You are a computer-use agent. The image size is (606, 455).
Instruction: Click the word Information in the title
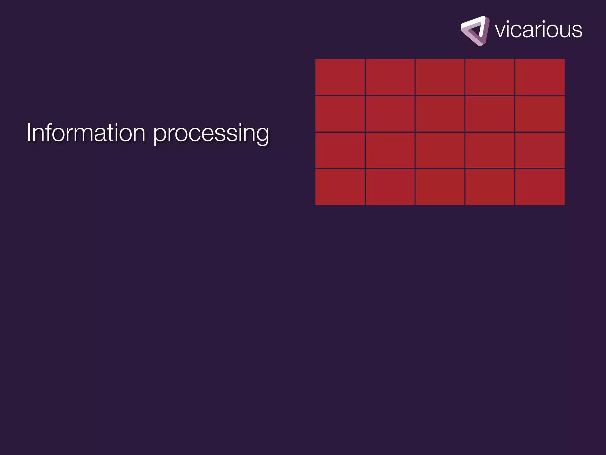click(x=86, y=133)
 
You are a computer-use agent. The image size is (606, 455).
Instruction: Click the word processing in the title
click(x=211, y=134)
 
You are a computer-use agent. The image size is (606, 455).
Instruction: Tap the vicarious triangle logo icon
click(x=475, y=31)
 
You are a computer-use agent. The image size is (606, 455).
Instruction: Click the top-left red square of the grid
click(x=340, y=77)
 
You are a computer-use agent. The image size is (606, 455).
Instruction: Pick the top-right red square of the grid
click(x=540, y=77)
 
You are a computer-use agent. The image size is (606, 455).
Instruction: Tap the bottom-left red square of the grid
click(x=340, y=187)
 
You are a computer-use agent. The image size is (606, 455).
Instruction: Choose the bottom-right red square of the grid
click(x=540, y=187)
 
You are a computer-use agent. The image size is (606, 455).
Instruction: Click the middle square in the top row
click(x=440, y=77)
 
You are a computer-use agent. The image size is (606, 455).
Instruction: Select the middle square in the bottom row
click(x=440, y=187)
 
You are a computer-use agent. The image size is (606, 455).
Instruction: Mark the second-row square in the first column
click(x=340, y=114)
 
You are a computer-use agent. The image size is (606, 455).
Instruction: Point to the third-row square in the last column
click(x=540, y=150)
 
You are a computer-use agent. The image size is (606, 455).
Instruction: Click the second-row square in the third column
click(x=440, y=114)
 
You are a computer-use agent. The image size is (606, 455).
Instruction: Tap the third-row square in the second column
click(x=390, y=150)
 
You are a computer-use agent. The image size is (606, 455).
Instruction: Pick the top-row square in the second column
click(x=390, y=77)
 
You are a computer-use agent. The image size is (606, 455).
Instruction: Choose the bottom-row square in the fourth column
click(x=490, y=187)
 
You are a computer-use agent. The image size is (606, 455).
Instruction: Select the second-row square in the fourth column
click(x=490, y=114)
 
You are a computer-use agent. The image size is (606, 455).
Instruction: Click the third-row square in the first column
click(x=340, y=150)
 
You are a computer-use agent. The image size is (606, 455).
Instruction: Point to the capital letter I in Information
click(x=29, y=132)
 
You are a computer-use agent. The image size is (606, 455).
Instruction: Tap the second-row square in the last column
click(x=540, y=114)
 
